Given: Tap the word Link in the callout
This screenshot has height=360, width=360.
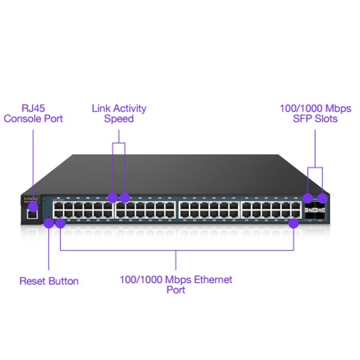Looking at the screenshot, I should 101,109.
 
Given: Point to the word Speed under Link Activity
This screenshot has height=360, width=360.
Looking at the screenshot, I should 119,119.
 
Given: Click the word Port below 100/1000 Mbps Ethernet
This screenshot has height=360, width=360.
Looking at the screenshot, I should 175,290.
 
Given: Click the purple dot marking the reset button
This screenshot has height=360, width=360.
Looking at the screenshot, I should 49,223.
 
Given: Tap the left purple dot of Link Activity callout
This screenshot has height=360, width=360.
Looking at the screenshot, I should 112,197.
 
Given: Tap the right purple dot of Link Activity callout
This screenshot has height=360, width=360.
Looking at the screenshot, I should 125,197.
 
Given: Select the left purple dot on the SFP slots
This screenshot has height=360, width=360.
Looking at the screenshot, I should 308,197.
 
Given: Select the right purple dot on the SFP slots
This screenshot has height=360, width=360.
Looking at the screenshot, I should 323,197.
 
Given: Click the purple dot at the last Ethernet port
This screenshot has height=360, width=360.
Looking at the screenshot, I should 294,223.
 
